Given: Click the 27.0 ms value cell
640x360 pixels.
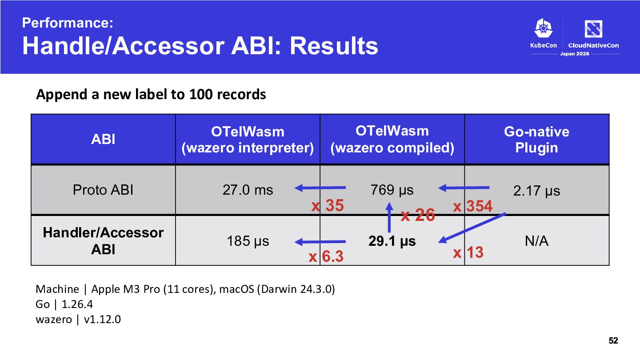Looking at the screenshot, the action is pyautogui.click(x=248, y=190).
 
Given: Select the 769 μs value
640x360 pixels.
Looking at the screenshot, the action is pyautogui.click(x=392, y=190).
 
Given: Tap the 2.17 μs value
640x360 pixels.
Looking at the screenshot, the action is pyautogui.click(x=536, y=191).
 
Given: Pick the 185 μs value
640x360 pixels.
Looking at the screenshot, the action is pyautogui.click(x=248, y=241).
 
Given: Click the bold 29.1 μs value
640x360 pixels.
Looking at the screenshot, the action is pyautogui.click(x=392, y=241).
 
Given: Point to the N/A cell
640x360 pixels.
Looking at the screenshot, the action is pyautogui.click(x=536, y=241).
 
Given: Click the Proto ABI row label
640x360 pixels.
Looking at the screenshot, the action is pyautogui.click(x=103, y=190).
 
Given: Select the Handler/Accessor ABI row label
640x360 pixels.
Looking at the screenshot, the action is pyautogui.click(x=103, y=241).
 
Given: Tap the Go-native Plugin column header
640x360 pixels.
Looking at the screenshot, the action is pyautogui.click(x=536, y=140).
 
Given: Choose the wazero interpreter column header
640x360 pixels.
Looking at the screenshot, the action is pyautogui.click(x=248, y=140).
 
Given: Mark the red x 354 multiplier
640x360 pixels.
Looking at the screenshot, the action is pyautogui.click(x=472, y=206).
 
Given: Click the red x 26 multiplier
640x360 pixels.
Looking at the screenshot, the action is pyautogui.click(x=418, y=215).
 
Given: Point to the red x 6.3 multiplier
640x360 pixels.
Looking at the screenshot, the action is pyautogui.click(x=326, y=256).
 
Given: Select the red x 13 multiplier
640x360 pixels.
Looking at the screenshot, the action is pyautogui.click(x=468, y=252).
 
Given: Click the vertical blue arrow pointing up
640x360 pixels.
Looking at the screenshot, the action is pyautogui.click(x=389, y=217).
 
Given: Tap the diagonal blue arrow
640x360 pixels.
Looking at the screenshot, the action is pyautogui.click(x=472, y=228).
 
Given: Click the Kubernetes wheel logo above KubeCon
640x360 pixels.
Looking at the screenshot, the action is pyautogui.click(x=544, y=28).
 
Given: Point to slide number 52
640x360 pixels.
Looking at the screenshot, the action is pyautogui.click(x=613, y=340).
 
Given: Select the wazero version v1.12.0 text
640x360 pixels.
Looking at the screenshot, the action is pyautogui.click(x=102, y=320).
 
